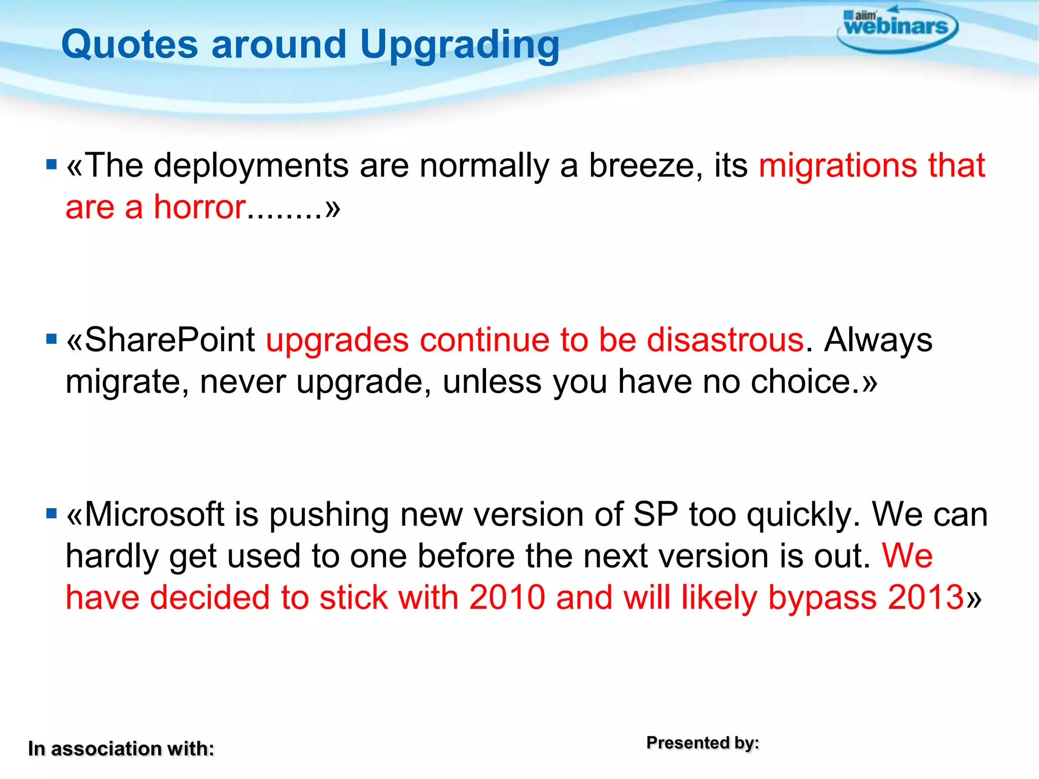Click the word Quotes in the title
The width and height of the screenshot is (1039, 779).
129,45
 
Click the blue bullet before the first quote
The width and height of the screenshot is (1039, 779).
51,165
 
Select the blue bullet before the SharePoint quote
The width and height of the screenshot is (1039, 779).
51,339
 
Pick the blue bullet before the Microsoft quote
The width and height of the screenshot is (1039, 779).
51,514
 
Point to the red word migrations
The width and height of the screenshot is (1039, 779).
838,166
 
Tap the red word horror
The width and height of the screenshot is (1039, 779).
200,207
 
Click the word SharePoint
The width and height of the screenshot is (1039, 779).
170,340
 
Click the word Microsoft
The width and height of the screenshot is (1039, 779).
155,515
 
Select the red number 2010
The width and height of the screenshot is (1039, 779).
507,597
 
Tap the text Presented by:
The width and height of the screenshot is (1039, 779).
702,743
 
